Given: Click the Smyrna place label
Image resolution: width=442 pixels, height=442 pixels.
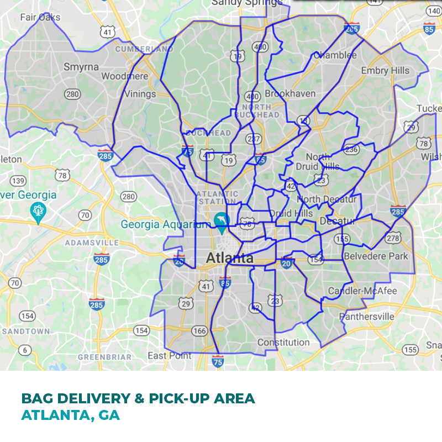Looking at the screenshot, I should click(x=81, y=67).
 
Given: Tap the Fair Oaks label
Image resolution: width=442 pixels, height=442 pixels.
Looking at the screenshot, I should click(x=40, y=17).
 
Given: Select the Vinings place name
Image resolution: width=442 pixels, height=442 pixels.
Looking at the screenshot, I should click(x=140, y=93).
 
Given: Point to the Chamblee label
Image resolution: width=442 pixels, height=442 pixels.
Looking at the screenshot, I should click(x=335, y=55).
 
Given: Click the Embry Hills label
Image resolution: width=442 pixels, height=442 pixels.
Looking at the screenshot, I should click(x=385, y=70).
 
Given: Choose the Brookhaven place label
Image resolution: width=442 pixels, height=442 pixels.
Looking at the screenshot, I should click(x=290, y=94).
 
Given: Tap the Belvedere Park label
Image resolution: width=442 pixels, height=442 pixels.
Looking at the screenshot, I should click(x=376, y=256).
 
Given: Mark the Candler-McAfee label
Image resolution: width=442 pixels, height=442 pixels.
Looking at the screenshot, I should click(x=362, y=291).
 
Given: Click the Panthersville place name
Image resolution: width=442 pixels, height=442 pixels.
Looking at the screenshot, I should click(x=367, y=317).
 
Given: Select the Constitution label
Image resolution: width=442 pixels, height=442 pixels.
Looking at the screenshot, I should click(x=283, y=343).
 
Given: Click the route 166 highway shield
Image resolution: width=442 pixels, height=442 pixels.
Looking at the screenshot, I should click(x=199, y=331).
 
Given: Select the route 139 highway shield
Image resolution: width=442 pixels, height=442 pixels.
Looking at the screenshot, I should click(x=18, y=181).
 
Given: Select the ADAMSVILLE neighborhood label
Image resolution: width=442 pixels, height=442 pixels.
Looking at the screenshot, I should click(x=92, y=243).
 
